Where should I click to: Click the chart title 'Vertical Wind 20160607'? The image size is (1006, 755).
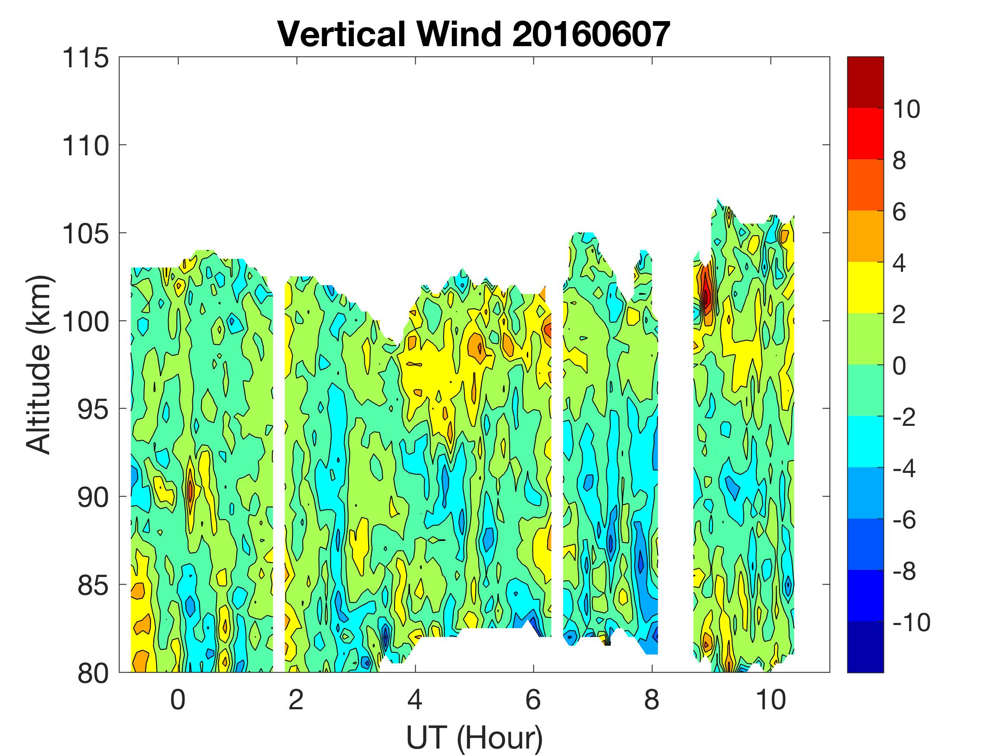(474, 34)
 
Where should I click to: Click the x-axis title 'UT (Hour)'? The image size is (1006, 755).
(474, 737)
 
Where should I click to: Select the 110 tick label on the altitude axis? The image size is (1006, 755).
(85, 146)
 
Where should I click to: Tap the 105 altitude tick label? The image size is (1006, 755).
(85, 234)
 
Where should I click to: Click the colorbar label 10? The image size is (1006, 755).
(906, 109)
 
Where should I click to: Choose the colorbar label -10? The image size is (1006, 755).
(912, 622)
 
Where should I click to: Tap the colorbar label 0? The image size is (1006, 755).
(899, 366)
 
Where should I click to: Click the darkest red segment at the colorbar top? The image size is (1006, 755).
(865, 82)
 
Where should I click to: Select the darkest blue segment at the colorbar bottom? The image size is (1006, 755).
(865, 647)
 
